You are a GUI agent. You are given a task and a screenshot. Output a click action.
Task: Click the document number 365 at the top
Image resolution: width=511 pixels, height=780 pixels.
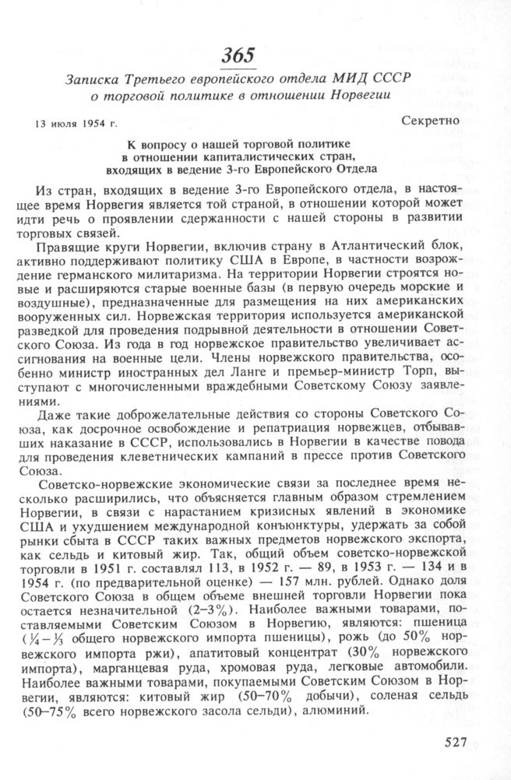(238, 55)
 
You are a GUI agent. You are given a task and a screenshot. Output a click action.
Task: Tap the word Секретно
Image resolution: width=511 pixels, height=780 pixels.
(437, 121)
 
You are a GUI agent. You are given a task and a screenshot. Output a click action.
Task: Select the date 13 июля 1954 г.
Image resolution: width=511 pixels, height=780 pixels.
(75, 124)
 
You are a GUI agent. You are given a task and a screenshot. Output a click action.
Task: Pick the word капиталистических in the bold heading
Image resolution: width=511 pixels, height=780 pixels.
(258, 156)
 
